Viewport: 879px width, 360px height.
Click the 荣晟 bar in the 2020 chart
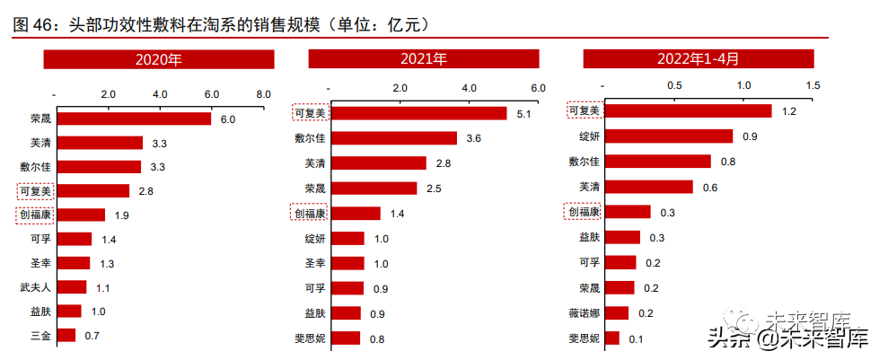133,119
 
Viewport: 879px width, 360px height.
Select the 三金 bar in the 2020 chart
66,336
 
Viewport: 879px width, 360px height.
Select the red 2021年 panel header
424,59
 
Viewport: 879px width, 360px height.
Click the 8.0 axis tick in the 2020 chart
263,94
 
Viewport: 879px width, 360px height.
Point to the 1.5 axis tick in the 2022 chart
813,85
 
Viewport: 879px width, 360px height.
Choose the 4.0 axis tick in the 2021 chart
469,89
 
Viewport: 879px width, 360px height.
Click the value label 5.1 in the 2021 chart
525,115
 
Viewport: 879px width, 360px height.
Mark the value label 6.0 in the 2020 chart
227,119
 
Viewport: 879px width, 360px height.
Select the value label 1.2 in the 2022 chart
789,111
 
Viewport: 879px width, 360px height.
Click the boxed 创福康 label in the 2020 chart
36,215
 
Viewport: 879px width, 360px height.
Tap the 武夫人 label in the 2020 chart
36,287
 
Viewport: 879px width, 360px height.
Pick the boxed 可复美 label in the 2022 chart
585,111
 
